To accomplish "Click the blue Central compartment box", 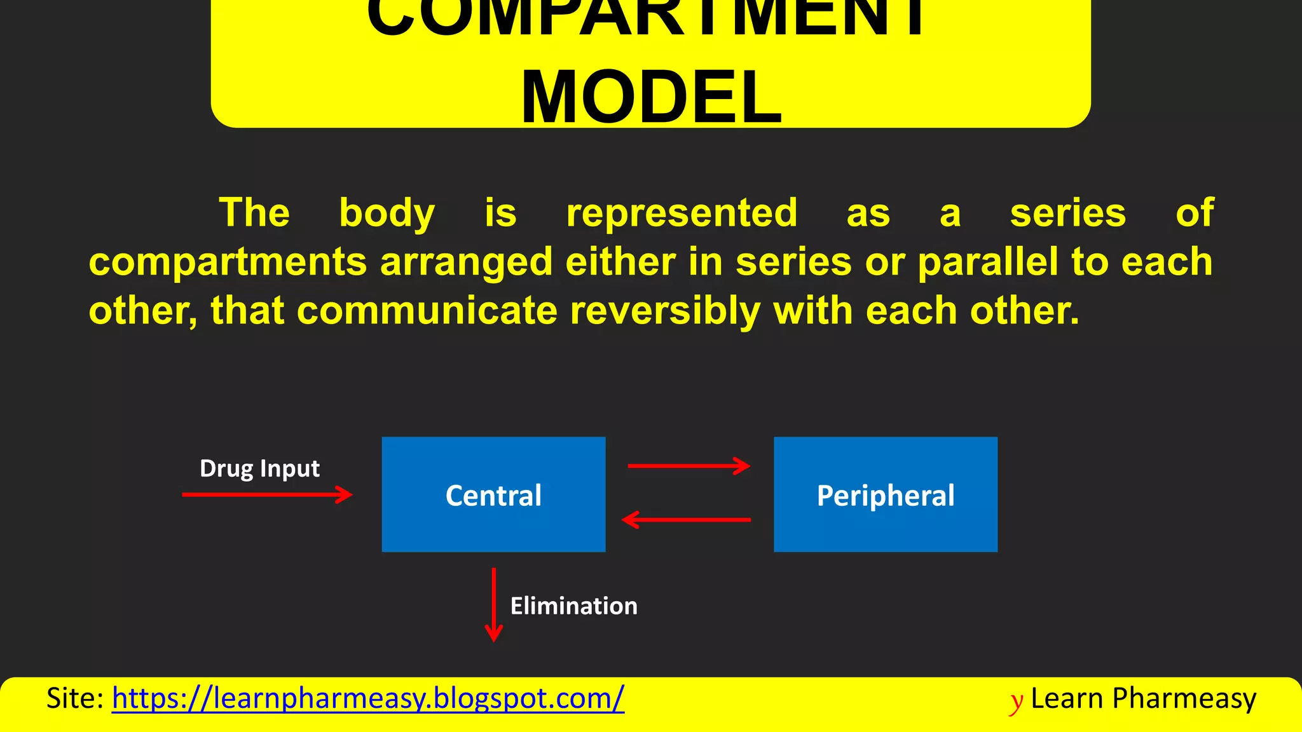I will click(493, 494).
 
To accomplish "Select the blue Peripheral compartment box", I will click(885, 494).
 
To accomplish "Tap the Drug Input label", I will click(259, 468).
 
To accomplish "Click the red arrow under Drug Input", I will click(267, 494).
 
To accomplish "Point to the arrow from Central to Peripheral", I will click(689, 466).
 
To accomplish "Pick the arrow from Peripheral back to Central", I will click(687, 520).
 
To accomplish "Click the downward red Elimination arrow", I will click(494, 604).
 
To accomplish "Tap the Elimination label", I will click(573, 606).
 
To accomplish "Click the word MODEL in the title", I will click(651, 97).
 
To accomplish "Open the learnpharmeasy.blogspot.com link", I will click(367, 698).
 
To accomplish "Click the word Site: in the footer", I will click(75, 698).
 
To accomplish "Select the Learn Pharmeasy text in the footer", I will click(1143, 698).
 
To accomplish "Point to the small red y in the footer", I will click(1017, 701).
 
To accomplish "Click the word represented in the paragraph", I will click(682, 212).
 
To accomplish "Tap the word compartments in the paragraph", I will click(228, 262).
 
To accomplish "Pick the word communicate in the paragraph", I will click(427, 311).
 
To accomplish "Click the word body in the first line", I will click(387, 212).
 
